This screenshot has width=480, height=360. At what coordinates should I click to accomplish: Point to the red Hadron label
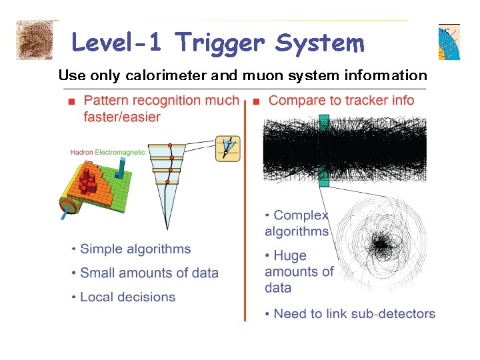(x=81, y=153)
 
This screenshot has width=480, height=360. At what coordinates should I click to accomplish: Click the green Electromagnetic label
(x=120, y=153)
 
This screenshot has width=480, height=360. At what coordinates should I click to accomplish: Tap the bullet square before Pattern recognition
(x=71, y=102)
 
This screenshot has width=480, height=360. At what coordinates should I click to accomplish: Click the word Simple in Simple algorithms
(x=101, y=249)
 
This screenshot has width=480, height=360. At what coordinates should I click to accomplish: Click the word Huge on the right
(x=290, y=255)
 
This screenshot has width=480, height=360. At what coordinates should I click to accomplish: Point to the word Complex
(x=301, y=215)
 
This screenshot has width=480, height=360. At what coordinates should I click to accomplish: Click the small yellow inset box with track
(x=227, y=148)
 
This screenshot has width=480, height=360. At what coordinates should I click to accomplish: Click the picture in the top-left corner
(x=34, y=40)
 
